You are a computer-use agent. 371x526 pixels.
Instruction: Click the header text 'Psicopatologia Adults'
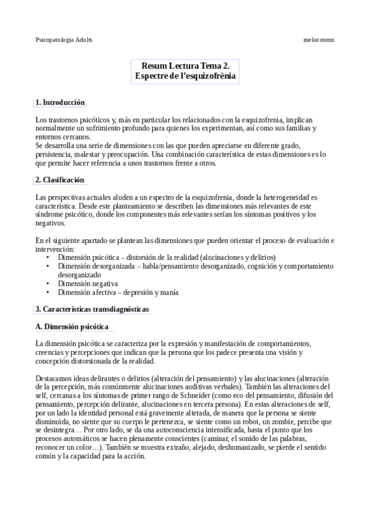(64, 39)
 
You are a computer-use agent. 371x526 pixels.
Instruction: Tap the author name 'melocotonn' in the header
(319, 39)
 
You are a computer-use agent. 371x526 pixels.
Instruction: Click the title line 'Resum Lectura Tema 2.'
(186, 65)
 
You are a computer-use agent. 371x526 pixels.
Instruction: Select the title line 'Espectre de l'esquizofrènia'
(186, 76)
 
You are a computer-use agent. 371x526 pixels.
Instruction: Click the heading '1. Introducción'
(60, 102)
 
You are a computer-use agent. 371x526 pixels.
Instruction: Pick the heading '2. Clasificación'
(60, 180)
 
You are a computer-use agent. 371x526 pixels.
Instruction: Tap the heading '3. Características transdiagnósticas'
(92, 309)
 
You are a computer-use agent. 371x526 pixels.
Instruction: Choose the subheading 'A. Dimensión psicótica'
(72, 326)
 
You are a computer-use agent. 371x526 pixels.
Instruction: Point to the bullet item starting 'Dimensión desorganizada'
(186, 265)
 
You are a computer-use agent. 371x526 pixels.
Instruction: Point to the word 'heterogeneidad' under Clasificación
(281, 197)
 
